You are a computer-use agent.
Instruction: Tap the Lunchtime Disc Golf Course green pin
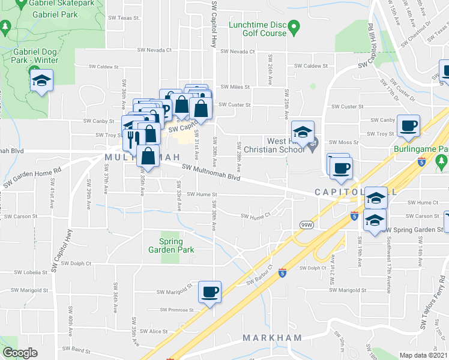[x=294, y=26]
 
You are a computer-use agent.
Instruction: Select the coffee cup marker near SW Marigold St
[x=209, y=292]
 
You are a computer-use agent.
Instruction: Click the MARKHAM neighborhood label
[x=273, y=338]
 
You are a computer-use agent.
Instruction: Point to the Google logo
[x=20, y=353]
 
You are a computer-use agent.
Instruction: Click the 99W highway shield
[x=306, y=224]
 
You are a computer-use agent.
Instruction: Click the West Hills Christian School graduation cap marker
[x=303, y=133]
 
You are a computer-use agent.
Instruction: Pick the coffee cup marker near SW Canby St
[x=408, y=125]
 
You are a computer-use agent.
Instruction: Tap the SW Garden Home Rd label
[x=32, y=178]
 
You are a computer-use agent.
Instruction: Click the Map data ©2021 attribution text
[x=424, y=355]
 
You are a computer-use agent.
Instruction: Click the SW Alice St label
[x=154, y=331]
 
